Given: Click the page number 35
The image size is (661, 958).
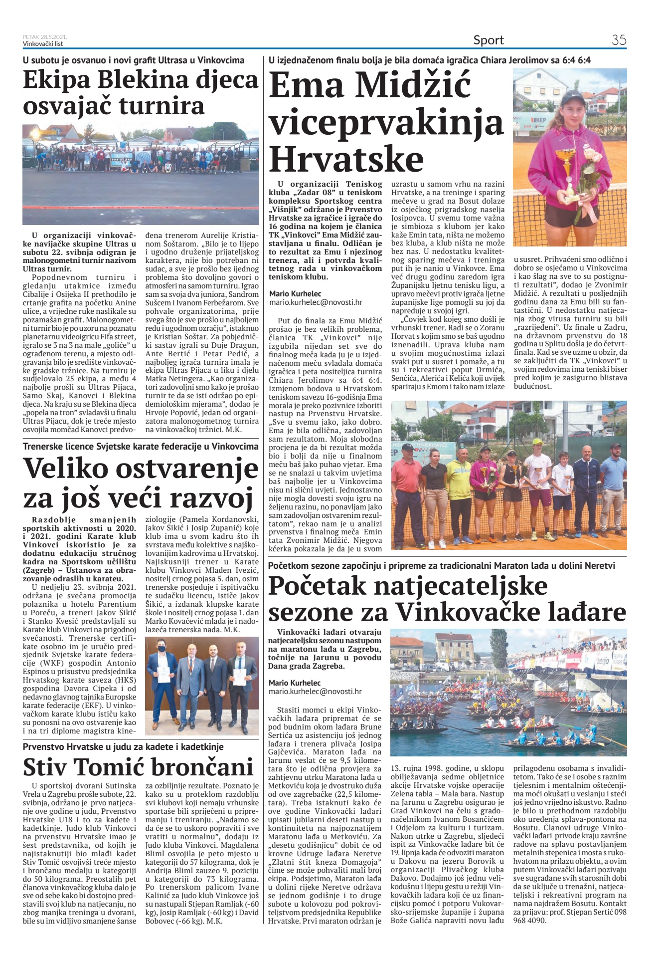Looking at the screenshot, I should pyautogui.click(x=619, y=40).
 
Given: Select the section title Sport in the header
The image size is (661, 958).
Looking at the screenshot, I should pyautogui.click(x=489, y=40).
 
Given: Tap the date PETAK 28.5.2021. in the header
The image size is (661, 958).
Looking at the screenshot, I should pyautogui.click(x=45, y=37).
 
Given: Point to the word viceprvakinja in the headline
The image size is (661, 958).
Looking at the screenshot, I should pyautogui.click(x=386, y=123).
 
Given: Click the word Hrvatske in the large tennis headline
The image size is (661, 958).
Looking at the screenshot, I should pyautogui.click(x=346, y=159).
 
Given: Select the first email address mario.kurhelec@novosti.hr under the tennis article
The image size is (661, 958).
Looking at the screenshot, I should pyautogui.click(x=316, y=302).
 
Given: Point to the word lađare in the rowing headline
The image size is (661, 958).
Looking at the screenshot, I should pyautogui.click(x=585, y=611).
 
